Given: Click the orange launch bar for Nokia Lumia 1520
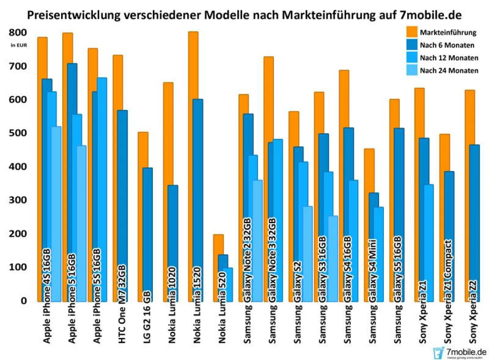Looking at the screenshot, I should pos(193,65).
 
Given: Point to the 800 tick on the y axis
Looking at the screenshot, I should pos(18,32).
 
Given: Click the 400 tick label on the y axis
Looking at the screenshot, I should pos(18,167).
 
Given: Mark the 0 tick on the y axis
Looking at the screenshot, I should pos(24,301).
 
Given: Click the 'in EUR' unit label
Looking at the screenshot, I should pos(19,45).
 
